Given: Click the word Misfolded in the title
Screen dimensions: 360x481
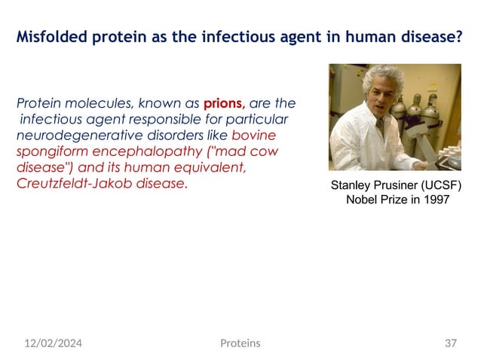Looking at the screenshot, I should point(52,35).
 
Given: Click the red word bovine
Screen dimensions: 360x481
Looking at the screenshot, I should point(254,136).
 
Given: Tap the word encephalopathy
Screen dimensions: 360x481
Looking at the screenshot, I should point(138,151).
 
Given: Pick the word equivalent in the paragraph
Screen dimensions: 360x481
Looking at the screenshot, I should point(208,168).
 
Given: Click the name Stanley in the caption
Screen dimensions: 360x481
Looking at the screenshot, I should point(354,185).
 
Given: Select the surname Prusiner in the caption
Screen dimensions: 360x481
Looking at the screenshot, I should point(403,185).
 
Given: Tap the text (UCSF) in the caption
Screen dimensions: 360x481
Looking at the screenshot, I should point(446,185).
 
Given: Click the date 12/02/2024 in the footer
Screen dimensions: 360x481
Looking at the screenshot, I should point(53,343).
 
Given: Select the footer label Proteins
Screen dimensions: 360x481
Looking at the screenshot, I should point(240,343).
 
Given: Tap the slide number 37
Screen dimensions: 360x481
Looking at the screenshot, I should point(451,343).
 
